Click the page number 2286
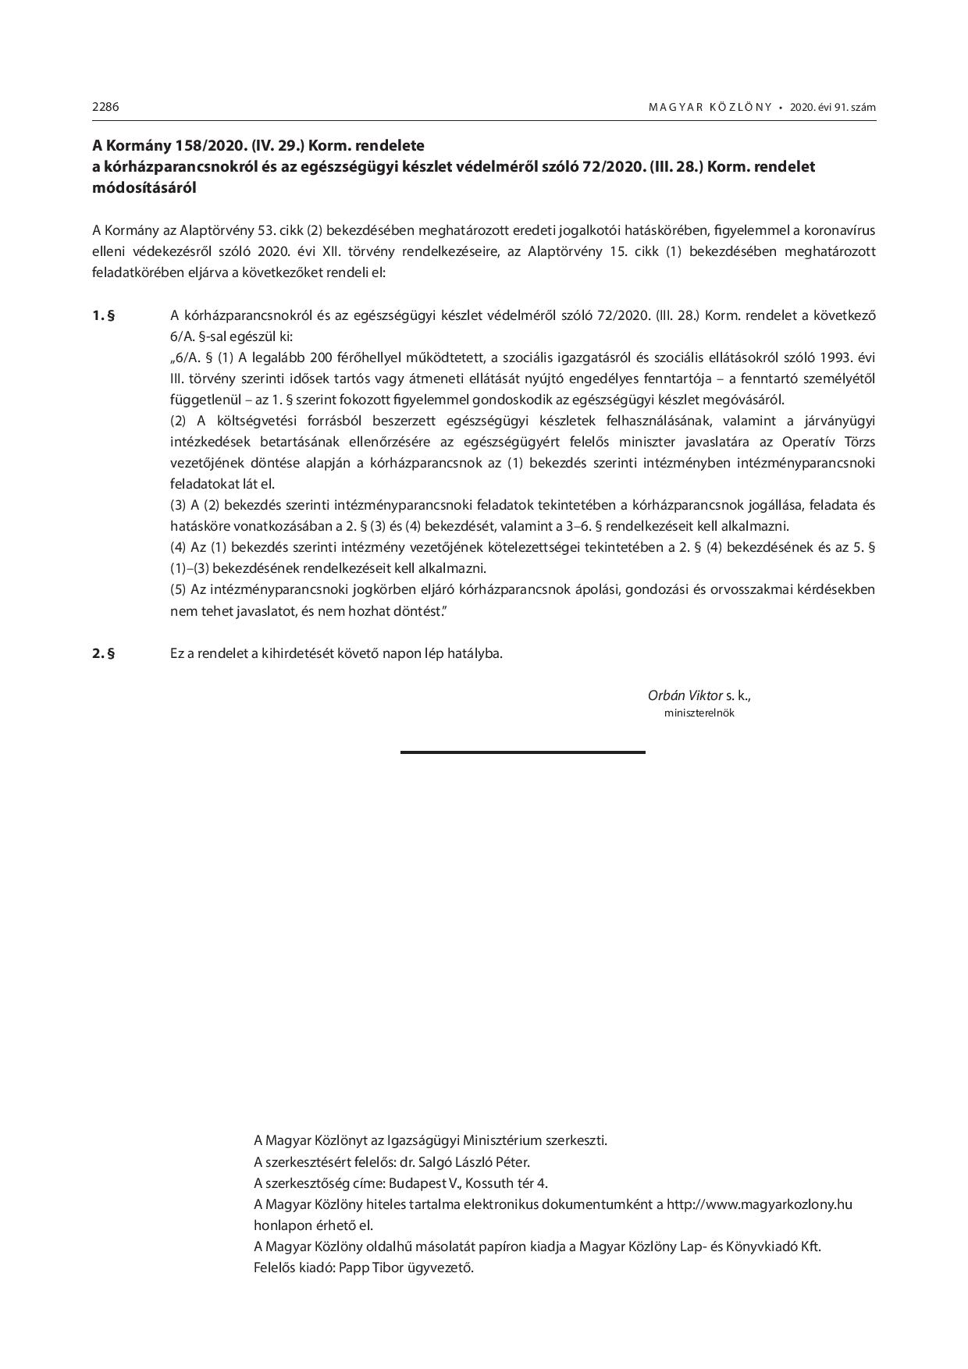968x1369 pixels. tap(105, 107)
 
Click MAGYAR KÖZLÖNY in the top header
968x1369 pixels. tap(710, 108)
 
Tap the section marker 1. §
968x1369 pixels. tap(103, 315)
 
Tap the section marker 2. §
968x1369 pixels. tap(103, 653)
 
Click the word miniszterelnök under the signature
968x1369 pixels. tap(699, 713)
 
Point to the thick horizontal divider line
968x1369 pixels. tap(522, 752)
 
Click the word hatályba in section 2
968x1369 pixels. tap(476, 653)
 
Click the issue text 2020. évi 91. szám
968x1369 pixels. tap(832, 108)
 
